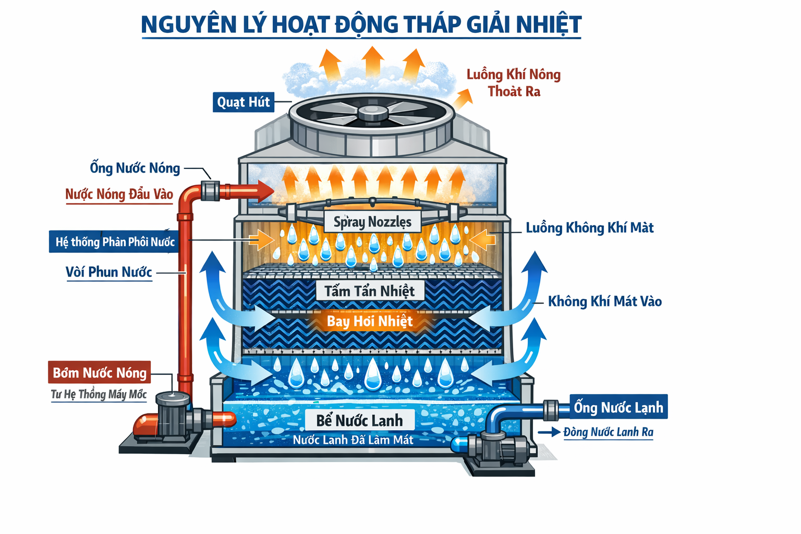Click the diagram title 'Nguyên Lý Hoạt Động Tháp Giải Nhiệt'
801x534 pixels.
[x=361, y=25]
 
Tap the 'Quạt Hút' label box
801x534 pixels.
[x=244, y=102]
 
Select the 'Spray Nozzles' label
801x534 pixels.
[x=372, y=222]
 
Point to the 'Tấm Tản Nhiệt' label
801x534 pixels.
[x=370, y=290]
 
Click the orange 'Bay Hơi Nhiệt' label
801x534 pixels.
[x=370, y=321]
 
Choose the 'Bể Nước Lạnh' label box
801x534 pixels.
[x=359, y=420]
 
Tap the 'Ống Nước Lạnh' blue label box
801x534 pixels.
[x=618, y=407]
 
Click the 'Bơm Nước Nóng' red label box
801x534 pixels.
[x=100, y=372]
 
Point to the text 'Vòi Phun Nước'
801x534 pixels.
[x=109, y=272]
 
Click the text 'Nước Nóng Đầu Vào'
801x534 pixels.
[x=119, y=194]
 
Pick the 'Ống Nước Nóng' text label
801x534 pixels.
[x=135, y=168]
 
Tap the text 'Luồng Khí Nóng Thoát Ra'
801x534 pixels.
[x=514, y=83]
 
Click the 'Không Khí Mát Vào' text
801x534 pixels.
[x=604, y=301]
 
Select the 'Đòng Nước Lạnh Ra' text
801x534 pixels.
[x=608, y=432]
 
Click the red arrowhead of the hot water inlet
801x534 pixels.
[x=266, y=191]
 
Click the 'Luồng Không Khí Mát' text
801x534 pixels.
[x=589, y=227]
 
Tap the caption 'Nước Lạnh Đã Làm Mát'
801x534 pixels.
[x=353, y=440]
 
